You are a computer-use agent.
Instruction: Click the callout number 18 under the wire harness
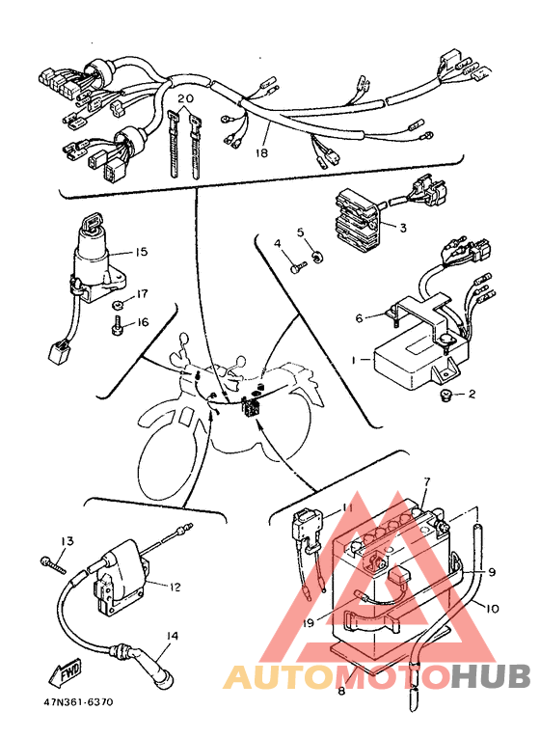(261, 153)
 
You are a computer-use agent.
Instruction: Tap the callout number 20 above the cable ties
(186, 98)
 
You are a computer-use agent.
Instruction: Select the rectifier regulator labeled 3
(359, 218)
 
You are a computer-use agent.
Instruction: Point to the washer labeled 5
(318, 258)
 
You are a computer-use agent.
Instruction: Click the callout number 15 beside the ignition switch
(141, 252)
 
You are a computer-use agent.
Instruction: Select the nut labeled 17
(118, 306)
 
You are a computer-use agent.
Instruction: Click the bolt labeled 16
(116, 327)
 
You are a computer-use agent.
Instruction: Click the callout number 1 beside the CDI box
(354, 360)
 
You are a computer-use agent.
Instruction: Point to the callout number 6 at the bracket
(360, 318)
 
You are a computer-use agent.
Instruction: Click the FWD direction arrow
(65, 672)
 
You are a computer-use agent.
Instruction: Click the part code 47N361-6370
(78, 702)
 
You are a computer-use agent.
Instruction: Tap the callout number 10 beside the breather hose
(491, 609)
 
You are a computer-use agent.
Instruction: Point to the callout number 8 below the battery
(341, 691)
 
